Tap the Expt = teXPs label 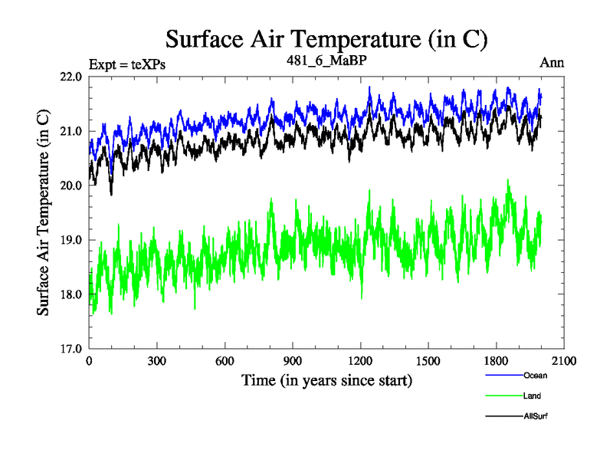127,64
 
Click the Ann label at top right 552,63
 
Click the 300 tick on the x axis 157,361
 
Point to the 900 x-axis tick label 293,361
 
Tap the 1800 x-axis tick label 497,361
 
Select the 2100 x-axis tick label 564,361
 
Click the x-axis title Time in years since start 326,380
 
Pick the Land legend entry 532,396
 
